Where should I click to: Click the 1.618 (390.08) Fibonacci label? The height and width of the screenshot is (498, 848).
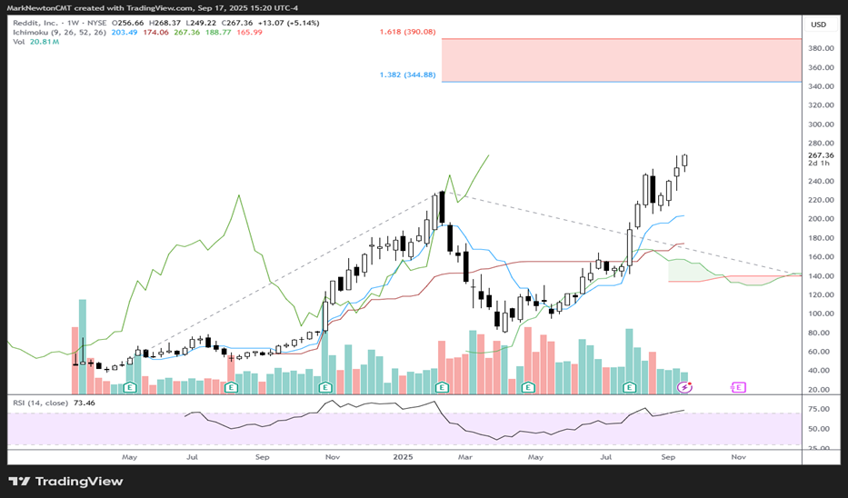pyautogui.click(x=408, y=32)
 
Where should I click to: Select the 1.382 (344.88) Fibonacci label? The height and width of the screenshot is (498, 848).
pyautogui.click(x=408, y=75)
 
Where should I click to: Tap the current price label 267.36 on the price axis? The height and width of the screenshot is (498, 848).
pyautogui.click(x=821, y=155)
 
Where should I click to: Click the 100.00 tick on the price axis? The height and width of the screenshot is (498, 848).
pyautogui.click(x=821, y=314)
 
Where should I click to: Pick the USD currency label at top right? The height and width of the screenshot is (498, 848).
pyautogui.click(x=818, y=25)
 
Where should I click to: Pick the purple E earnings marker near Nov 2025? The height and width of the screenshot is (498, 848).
pyautogui.click(x=738, y=387)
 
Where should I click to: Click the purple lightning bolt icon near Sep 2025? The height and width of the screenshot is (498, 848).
pyautogui.click(x=686, y=387)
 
